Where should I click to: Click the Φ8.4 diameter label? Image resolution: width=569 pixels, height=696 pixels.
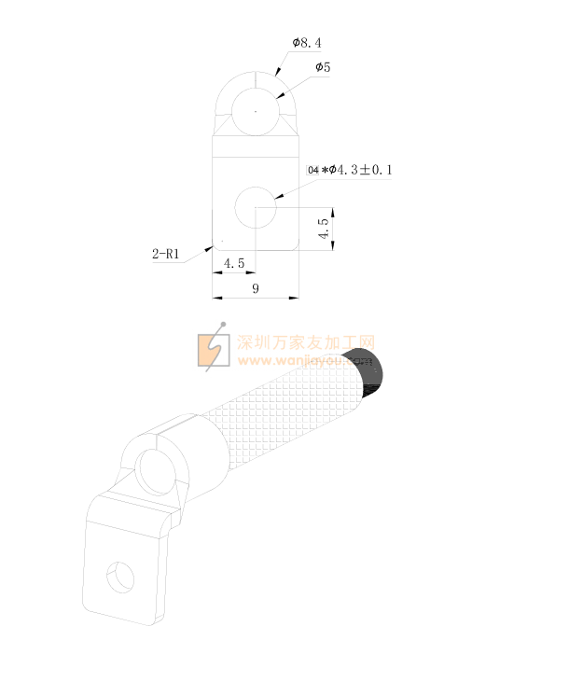click(x=307, y=43)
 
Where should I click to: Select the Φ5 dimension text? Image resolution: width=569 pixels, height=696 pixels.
click(x=323, y=67)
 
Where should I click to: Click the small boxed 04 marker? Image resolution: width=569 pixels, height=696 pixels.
click(x=312, y=170)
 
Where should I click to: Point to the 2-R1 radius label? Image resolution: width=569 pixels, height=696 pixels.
click(x=165, y=254)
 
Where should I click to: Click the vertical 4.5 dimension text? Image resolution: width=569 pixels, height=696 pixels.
click(x=324, y=228)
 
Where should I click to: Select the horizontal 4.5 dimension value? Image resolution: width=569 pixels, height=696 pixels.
click(x=234, y=263)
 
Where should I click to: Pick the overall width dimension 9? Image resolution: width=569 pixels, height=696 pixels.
click(x=256, y=288)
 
